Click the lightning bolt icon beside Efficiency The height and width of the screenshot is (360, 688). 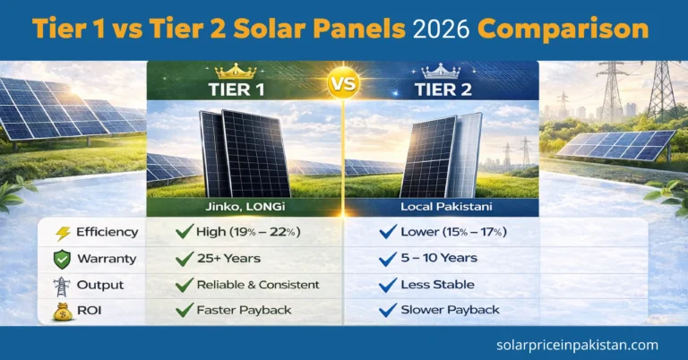(64, 233)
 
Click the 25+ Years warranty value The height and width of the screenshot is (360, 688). (231, 259)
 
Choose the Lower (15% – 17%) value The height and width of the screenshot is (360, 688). (455, 233)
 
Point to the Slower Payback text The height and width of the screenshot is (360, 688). (451, 311)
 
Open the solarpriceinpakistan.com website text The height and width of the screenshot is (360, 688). (577, 345)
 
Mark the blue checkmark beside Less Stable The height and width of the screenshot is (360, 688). (388, 285)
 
